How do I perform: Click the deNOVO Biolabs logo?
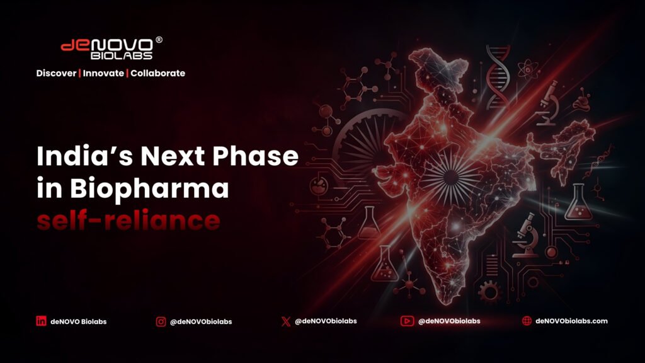[111, 48]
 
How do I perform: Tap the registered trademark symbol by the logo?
[159, 40]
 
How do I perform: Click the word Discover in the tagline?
[56, 73]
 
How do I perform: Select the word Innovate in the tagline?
[103, 73]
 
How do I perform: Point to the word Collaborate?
[158, 73]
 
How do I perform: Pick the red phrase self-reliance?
[128, 220]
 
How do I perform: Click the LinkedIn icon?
[41, 321]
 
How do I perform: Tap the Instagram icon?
[161, 321]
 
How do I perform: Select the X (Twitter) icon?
[285, 321]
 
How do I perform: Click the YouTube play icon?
[407, 321]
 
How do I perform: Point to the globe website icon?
[527, 321]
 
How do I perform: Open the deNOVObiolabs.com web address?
[571, 321]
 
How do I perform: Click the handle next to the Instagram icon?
[201, 321]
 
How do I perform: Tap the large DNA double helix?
[498, 77]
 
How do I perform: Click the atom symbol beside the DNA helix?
[528, 69]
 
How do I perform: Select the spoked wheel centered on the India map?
[451, 177]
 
